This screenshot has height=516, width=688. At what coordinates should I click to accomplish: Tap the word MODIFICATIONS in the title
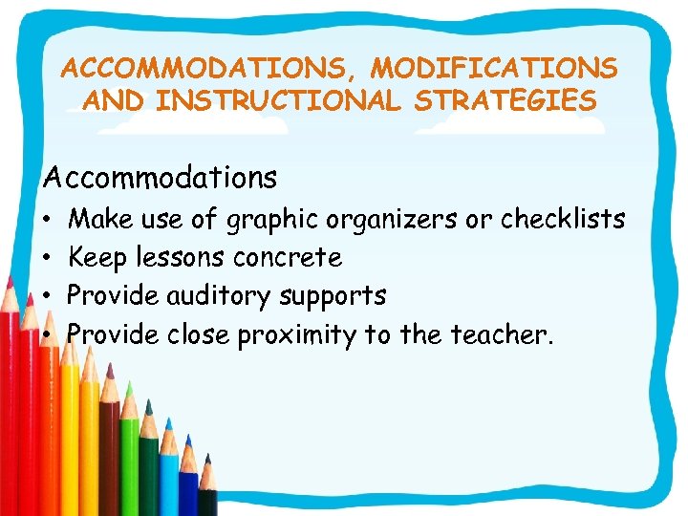tap(494, 69)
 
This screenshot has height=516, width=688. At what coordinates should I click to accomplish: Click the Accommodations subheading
tap(161, 177)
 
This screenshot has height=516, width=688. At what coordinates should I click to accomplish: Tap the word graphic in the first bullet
tap(272, 220)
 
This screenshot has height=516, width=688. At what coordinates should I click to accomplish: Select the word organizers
tap(392, 220)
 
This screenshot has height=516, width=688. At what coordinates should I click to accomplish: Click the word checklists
tap(564, 220)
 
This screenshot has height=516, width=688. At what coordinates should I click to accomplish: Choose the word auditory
tap(220, 296)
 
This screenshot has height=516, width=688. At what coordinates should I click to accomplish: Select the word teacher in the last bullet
tap(506, 334)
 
